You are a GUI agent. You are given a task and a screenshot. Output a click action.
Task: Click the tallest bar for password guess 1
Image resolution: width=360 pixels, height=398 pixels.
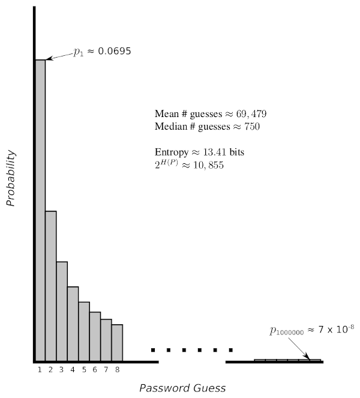(x=40, y=210)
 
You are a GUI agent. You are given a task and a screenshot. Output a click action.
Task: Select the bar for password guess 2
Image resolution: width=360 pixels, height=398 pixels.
(x=51, y=286)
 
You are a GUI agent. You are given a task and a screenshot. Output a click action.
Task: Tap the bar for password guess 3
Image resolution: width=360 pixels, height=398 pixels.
(x=62, y=311)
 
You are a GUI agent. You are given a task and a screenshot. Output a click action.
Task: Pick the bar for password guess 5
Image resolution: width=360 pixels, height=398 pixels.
(x=84, y=331)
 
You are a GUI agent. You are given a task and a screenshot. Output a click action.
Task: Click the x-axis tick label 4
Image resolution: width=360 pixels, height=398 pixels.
(x=73, y=369)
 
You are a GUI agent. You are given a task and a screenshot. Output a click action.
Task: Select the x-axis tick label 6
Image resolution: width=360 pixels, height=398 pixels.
(x=95, y=369)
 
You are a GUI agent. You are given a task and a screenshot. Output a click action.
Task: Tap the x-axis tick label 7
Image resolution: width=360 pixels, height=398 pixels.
(x=106, y=369)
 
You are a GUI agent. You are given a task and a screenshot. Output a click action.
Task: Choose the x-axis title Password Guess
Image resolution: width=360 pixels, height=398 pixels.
(x=182, y=388)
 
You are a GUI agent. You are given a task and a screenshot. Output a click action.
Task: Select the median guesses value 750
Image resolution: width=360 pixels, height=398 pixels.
(x=251, y=127)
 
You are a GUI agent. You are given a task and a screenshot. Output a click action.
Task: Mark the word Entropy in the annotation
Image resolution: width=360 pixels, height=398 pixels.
(x=170, y=152)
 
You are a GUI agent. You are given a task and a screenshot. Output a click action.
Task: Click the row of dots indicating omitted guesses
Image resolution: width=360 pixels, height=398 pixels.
(x=192, y=349)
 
